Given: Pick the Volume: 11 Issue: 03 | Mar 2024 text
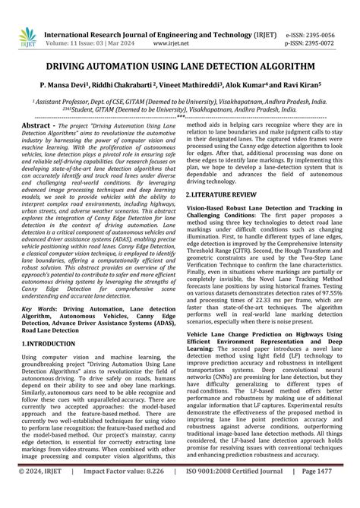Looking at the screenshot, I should pyautogui.click(x=92, y=23).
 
